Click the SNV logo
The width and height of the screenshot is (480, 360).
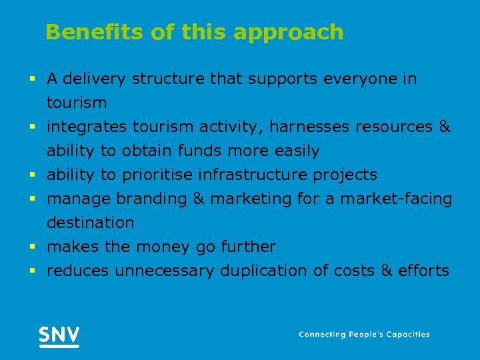(x=59, y=335)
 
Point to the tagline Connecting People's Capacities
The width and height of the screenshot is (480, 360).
(x=364, y=335)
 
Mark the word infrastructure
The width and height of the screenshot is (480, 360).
(x=249, y=175)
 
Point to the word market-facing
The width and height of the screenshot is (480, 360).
(x=395, y=199)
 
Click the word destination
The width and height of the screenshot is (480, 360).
(x=90, y=223)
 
